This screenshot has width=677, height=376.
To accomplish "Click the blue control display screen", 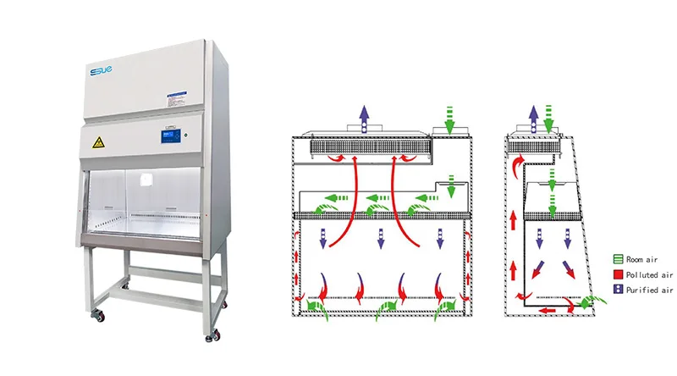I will [x=169, y=135].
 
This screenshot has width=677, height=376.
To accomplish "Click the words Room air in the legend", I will [x=646, y=260].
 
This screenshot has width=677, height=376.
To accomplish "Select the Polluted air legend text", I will [x=650, y=274].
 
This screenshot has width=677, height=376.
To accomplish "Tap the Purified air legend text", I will [x=650, y=290].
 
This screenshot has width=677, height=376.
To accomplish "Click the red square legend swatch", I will [x=619, y=274].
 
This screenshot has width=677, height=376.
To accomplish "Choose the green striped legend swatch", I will [x=619, y=260].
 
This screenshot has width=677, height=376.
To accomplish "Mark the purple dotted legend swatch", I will [x=619, y=290].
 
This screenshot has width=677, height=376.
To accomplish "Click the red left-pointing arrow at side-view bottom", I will [x=549, y=309].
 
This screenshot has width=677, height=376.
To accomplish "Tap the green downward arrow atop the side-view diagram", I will [x=551, y=118].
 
